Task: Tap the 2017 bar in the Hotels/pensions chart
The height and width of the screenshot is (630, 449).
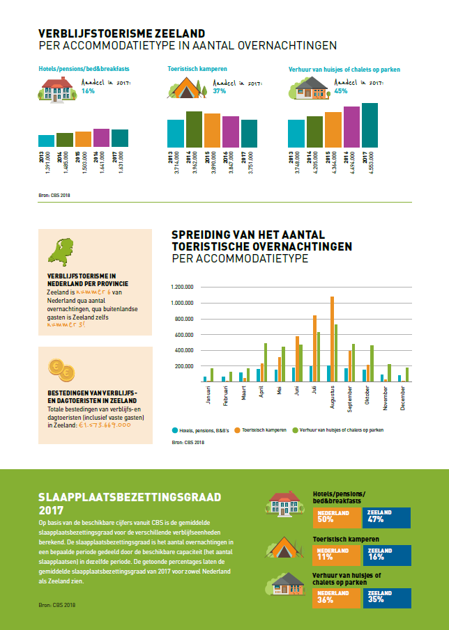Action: [120, 138]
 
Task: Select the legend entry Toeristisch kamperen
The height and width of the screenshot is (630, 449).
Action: [264, 430]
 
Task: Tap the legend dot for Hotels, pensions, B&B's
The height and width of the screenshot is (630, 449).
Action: [174, 430]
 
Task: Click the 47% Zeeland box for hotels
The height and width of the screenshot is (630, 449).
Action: [386, 517]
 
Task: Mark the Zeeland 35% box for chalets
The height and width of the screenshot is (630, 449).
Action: [386, 597]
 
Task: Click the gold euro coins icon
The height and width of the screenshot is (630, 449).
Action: [60, 369]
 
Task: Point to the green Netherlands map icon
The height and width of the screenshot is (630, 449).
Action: [60, 253]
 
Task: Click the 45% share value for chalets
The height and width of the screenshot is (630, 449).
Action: [341, 91]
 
